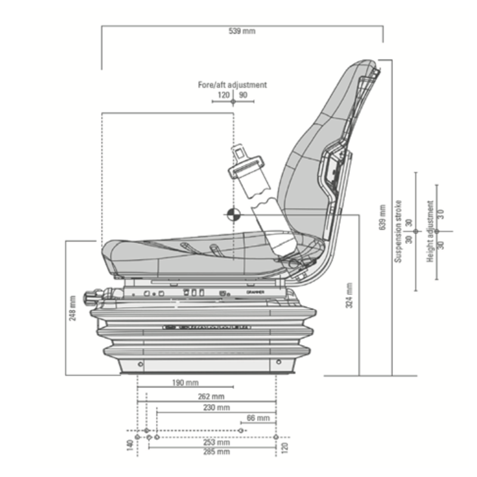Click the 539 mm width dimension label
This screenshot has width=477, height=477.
tap(242, 31)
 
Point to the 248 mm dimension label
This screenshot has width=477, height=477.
tap(73, 308)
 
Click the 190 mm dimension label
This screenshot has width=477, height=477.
tap(185, 383)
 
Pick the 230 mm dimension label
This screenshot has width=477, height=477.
tap(216, 407)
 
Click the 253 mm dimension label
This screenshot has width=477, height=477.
tap(216, 442)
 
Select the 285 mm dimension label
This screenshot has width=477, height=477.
tap(216, 452)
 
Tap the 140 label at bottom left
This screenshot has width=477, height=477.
tap(130, 445)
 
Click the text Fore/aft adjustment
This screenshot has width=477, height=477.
tap(233, 85)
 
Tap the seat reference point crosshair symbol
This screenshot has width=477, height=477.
tap(233, 214)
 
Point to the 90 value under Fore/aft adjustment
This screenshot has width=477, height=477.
tap(243, 95)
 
